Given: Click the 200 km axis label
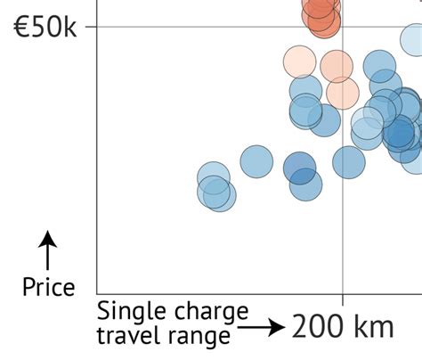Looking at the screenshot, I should [x=343, y=326].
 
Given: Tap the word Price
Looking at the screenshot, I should [x=48, y=286].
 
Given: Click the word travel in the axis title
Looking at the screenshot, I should [x=124, y=335].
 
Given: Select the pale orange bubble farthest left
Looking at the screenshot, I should [x=300, y=62].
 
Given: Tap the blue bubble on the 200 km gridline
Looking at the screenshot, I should [x=349, y=162].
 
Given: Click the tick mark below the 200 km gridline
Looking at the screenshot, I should [x=343, y=299].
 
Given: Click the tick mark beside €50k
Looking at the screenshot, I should [x=91, y=27].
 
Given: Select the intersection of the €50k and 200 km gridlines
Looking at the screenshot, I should [x=343, y=27].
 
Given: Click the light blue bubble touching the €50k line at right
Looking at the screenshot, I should [x=412, y=38].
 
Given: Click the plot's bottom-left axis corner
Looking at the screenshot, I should [x=97, y=294].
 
